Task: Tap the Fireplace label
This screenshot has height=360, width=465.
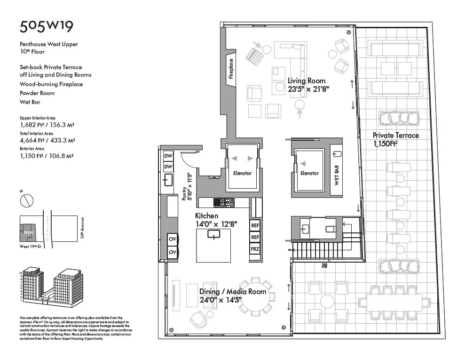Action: point(231,69)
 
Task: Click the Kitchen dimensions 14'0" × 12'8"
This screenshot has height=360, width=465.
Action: point(216,224)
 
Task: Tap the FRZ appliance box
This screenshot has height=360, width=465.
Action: point(255,248)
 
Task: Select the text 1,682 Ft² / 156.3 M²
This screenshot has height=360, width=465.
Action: point(47,125)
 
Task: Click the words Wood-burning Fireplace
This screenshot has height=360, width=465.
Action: point(51,84)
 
